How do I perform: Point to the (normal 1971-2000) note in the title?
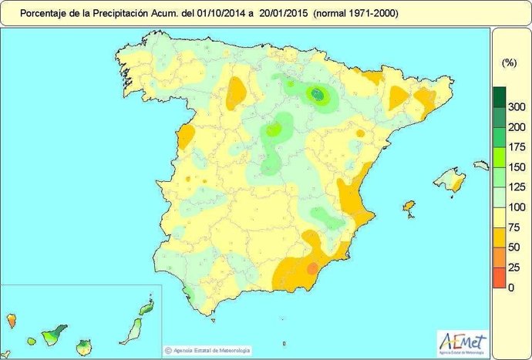point(350,13)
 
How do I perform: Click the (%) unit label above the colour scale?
point(508,63)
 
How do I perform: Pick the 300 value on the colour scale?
point(517,107)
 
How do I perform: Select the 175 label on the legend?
point(517,147)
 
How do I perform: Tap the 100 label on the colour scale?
point(517,207)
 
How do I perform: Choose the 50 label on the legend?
point(514,247)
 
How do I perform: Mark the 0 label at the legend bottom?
point(511,288)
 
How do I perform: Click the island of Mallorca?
point(449,183)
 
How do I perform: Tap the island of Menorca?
point(480,165)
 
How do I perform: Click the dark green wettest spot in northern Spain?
point(317,94)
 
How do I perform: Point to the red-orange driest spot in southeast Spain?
point(312,267)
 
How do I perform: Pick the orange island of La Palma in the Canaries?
point(12,318)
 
